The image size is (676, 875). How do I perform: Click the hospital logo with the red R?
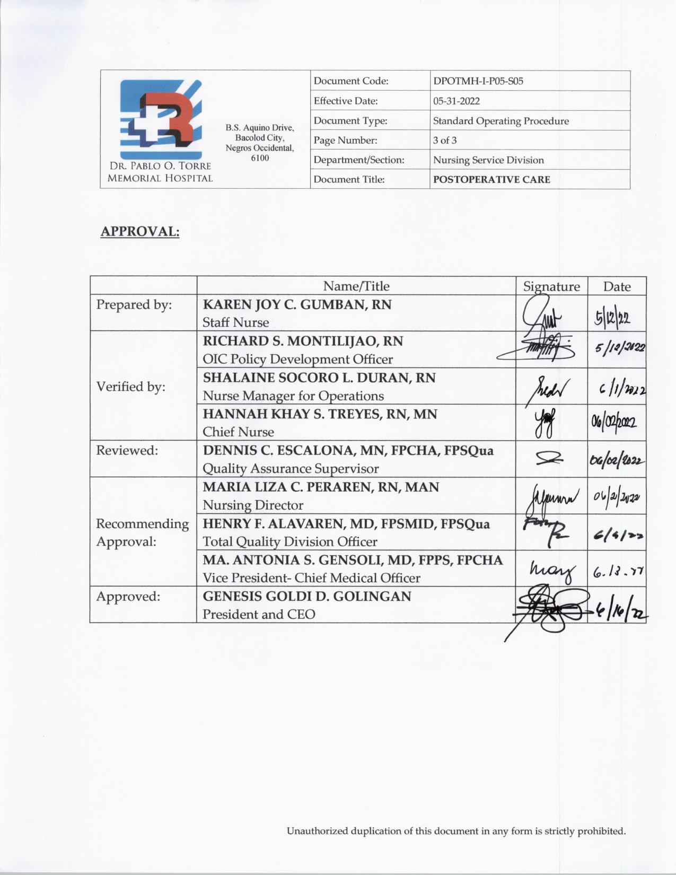point(160,119)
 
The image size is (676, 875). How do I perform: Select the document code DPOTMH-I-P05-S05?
point(478,81)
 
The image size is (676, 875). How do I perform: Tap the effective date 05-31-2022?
point(456,101)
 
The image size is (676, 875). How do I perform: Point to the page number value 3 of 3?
point(444,141)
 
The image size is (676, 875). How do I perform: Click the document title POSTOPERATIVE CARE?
point(491,179)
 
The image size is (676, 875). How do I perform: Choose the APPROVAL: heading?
point(140,232)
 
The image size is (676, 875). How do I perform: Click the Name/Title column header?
point(356,286)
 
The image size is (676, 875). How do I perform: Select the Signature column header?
point(551,287)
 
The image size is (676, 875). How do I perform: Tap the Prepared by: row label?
point(134,305)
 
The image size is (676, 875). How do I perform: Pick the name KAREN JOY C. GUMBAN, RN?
point(297,304)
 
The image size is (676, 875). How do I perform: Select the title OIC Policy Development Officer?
point(297,360)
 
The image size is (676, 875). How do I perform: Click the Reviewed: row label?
point(127,451)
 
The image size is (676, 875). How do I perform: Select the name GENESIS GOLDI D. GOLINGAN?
point(306,597)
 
